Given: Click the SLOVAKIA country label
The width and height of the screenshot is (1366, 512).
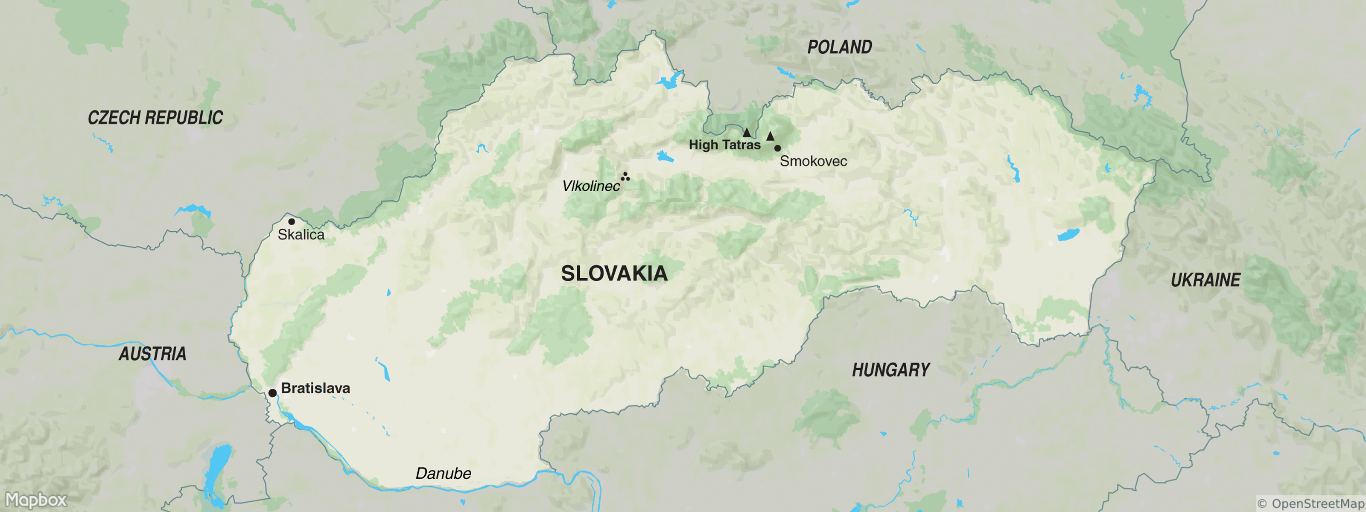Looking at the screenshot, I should point(614,273).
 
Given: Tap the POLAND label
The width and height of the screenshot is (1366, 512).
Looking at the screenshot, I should point(839,47).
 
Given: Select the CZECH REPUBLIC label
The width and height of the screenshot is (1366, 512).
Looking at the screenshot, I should point(155,118).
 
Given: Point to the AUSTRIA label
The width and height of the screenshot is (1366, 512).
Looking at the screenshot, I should point(152,354).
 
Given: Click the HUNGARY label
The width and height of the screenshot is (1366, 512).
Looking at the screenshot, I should point(891,369).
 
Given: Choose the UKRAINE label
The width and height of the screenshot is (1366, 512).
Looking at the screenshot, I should point(1205,280).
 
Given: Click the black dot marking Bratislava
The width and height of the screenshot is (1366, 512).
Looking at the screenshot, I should point(272,393).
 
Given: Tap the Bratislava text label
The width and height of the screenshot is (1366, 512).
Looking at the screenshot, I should point(315,388).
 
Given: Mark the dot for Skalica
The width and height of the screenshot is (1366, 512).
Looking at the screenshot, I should point(291,221).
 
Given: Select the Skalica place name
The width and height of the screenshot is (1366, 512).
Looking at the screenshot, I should point(301,234).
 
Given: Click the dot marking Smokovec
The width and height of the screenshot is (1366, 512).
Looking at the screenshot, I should point(777,148).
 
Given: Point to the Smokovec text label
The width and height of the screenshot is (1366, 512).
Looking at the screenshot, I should point(813,161).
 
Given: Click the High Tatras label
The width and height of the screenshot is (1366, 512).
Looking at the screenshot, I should point(724,145).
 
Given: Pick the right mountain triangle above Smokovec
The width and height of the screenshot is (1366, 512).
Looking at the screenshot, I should point(770,136).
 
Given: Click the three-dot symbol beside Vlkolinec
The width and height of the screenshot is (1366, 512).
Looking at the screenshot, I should point(626,177).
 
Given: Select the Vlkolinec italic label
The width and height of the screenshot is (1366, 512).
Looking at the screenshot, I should point(591,186).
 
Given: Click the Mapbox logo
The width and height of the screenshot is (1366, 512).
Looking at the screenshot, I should point(36,499).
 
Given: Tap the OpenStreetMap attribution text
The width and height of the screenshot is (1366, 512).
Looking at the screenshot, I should point(1311,503).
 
